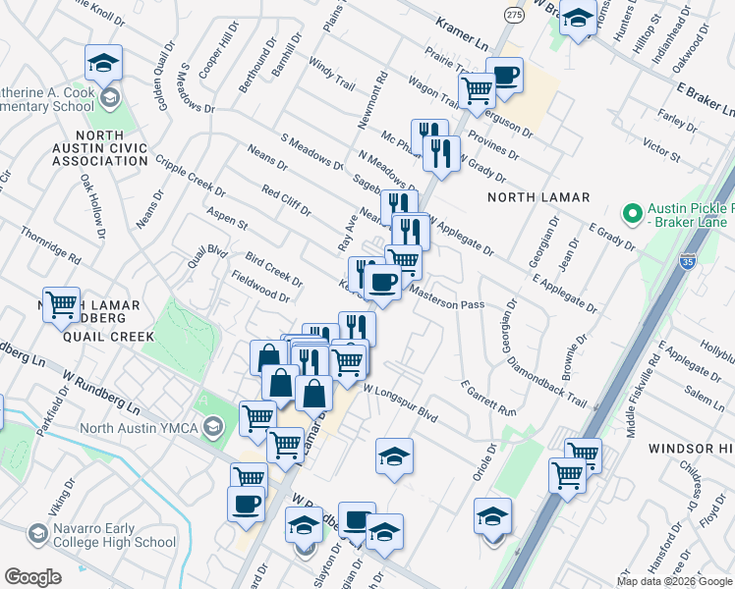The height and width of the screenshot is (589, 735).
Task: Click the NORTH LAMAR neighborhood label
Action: tap(538, 197)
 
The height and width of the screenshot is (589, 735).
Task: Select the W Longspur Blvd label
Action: tap(400, 402)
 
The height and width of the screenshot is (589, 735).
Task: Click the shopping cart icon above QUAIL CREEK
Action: tap(62, 303)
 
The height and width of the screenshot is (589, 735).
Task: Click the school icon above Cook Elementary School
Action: tap(102, 64)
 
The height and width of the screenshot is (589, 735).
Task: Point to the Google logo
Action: tap(32, 577)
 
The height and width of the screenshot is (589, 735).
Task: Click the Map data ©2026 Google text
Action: tap(673, 580)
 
